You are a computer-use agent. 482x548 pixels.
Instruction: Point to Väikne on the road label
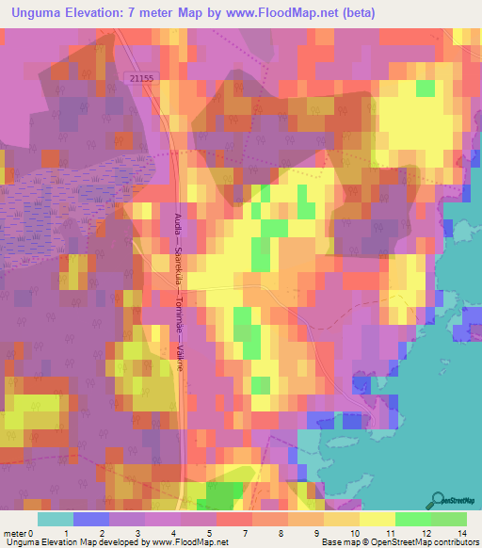click(179, 356)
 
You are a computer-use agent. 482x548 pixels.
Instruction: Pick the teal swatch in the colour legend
click(55, 519)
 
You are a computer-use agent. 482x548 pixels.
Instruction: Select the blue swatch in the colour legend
click(90, 519)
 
